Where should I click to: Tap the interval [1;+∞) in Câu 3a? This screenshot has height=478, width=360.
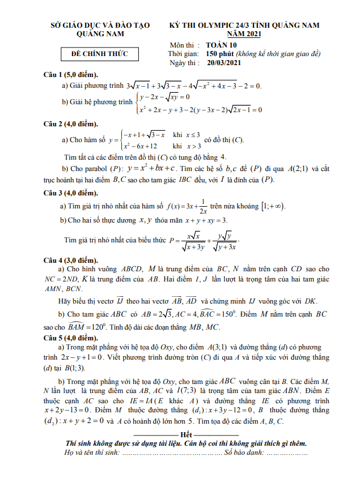(x=272, y=206)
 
